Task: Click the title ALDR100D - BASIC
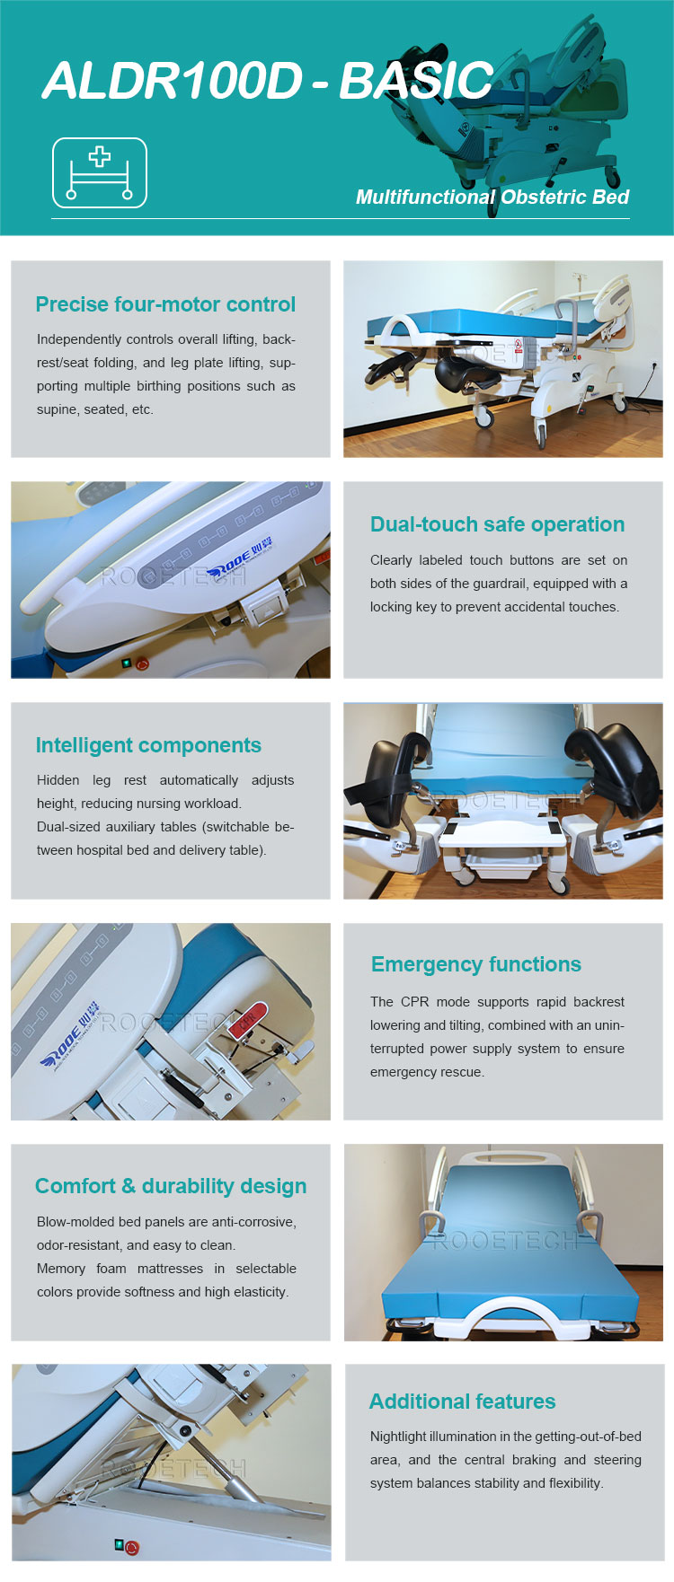coord(268,81)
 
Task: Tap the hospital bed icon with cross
coord(99,173)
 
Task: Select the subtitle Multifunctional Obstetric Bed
coord(492,198)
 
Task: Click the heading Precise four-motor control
coord(165,304)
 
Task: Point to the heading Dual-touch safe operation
coord(497,524)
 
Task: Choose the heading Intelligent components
coord(148,745)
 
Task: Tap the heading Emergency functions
coord(476,964)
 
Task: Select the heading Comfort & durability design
coord(171,1186)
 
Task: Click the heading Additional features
coord(463,1402)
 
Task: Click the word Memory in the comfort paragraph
coord(61,1269)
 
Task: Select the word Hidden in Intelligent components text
coord(58,780)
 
